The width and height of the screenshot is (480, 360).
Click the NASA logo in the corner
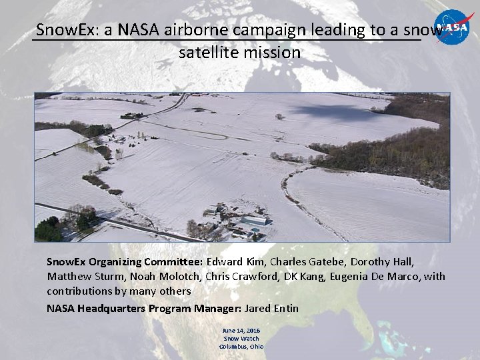tap(454, 27)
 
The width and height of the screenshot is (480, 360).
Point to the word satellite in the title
tap(209, 52)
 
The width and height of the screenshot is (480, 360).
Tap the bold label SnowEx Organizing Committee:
tap(125, 261)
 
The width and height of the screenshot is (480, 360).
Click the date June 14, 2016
tap(241, 331)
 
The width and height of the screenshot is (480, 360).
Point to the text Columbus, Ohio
tap(241, 346)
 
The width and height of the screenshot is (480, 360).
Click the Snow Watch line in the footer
tap(241, 339)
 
